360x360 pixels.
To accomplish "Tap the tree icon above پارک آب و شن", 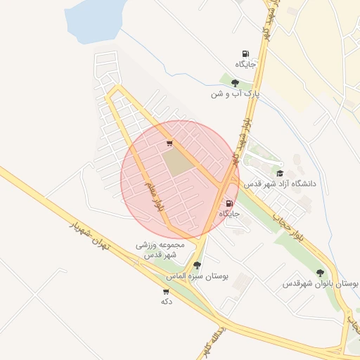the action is coord(235,82).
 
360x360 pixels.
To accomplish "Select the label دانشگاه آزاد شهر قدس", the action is coord(281,183).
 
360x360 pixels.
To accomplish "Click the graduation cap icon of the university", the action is coord(280,173).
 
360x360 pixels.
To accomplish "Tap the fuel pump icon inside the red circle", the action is coord(229,203).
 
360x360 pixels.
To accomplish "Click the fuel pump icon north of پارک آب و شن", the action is coord(245,53).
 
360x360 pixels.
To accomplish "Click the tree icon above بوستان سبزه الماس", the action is coord(197,265).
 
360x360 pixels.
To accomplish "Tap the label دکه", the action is coord(167,301).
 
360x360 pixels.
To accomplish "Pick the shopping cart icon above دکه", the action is coord(166,291).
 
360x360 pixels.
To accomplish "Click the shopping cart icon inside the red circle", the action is coord(169,143).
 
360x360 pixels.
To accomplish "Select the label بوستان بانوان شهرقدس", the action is coord(321,283).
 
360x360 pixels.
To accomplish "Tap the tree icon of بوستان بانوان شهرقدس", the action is coord(320,273).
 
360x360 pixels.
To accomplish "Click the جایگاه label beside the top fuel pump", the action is coord(245,64).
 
